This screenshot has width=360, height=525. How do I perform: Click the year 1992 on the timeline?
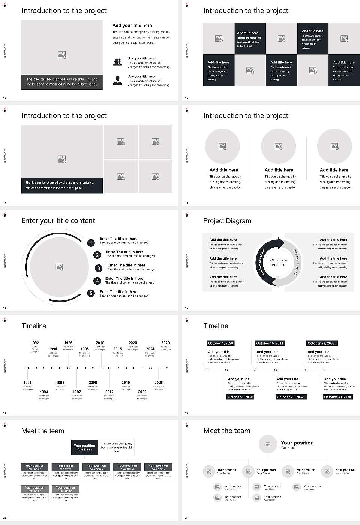click(34, 342)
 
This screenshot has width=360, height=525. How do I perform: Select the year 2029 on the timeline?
click(165, 342)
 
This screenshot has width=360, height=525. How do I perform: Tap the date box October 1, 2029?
click(220, 343)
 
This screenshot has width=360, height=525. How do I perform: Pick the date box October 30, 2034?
click(337, 397)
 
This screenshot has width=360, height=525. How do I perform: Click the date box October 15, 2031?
click(270, 343)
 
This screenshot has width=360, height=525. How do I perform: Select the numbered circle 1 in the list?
click(91, 243)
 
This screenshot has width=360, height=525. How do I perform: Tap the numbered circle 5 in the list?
click(91, 293)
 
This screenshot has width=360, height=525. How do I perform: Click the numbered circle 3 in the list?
click(99, 268)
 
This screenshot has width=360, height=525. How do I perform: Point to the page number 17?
click(187, 308)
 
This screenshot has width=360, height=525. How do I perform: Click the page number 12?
click(5, 98)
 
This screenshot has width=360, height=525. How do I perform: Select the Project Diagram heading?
click(227, 221)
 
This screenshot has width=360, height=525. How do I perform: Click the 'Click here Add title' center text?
click(278, 262)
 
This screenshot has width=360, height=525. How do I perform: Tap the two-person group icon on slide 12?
click(117, 62)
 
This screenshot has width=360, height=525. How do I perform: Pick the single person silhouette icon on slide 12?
click(117, 80)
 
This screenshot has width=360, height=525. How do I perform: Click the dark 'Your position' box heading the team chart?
click(84, 447)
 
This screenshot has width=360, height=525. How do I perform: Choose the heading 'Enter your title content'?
click(58, 221)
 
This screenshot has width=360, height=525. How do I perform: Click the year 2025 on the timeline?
click(159, 382)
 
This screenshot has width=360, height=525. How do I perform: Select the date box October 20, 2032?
click(290, 397)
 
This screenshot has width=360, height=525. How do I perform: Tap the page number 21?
click(187, 518)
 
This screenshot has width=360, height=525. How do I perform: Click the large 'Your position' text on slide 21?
click(297, 443)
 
